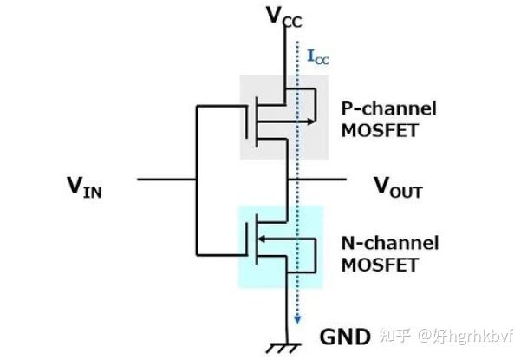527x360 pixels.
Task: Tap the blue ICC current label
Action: (318, 57)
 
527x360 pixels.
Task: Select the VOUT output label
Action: (398, 186)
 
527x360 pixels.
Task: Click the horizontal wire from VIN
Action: (165, 180)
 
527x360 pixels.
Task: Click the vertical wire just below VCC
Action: (285, 52)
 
